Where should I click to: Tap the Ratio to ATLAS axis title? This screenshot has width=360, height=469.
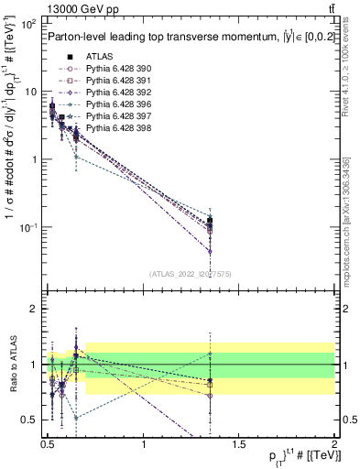coord(12,365)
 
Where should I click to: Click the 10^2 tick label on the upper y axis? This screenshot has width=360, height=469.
coord(27,24)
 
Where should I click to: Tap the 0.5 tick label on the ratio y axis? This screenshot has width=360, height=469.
coord(29,420)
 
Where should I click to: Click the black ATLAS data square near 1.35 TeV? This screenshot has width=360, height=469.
coord(211,221)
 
